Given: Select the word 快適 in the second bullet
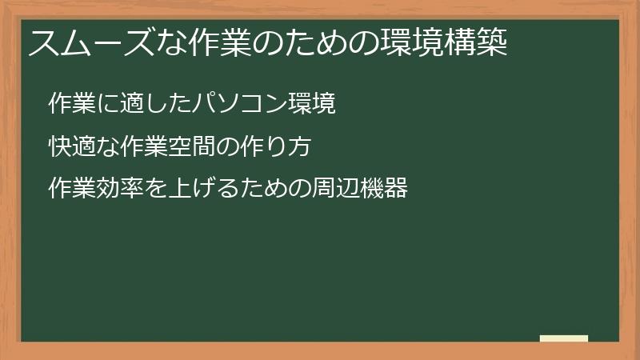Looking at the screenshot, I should click(x=69, y=147).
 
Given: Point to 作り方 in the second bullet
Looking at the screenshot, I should click(x=278, y=147).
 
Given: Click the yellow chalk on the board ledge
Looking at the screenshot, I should click(x=564, y=338).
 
